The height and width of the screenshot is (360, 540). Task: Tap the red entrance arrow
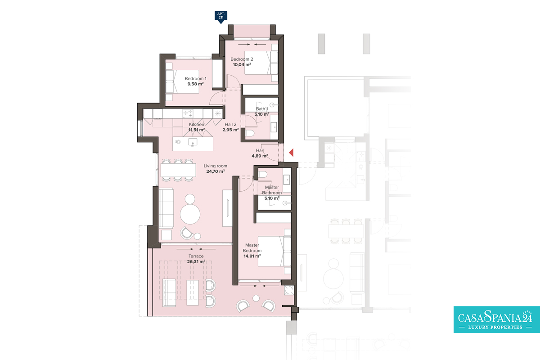coord(291,153)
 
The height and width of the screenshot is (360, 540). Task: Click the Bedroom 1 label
coord(195,79)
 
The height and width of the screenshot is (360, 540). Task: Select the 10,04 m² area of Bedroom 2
coord(242,65)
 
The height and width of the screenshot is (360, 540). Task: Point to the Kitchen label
coord(197,124)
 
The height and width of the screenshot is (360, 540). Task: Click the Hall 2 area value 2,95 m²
coord(230,130)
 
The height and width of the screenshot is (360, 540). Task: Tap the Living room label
coord(215,166)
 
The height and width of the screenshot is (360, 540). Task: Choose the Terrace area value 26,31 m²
coord(196,261)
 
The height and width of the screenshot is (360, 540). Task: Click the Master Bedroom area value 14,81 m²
coord(252,256)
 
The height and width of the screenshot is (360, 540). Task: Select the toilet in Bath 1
coord(250,133)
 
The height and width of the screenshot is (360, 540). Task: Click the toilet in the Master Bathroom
coord(263,174)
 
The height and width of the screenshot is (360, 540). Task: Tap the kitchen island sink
coord(193,142)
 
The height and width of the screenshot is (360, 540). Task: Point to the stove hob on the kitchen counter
coord(188,113)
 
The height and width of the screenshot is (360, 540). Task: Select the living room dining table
coord(178,170)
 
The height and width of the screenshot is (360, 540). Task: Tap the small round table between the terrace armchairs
coord(256,298)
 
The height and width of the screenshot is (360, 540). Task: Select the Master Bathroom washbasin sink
coord(286,180)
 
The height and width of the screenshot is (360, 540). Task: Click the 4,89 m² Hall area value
coord(260,156)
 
